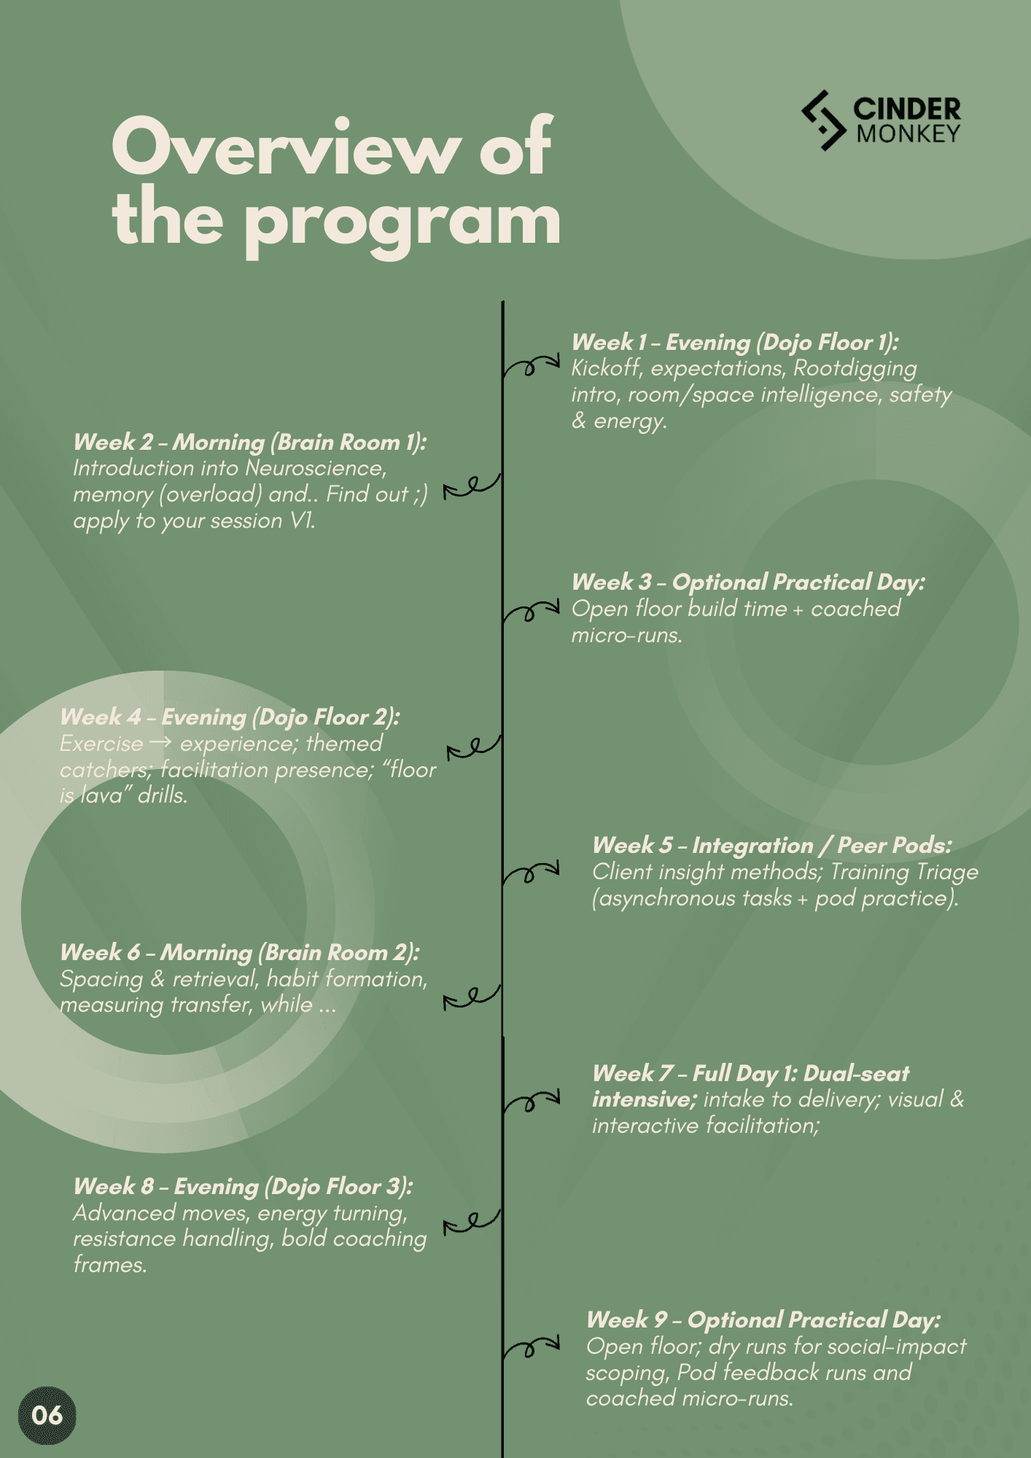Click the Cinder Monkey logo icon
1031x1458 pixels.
click(x=824, y=120)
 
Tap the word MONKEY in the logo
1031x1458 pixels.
click(x=909, y=134)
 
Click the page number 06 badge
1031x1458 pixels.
click(x=47, y=1415)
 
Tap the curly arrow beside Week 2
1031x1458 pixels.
click(x=472, y=486)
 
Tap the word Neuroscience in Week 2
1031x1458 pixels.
click(x=315, y=468)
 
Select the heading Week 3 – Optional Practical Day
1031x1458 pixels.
click(x=748, y=582)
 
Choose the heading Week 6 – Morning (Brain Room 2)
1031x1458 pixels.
click(x=239, y=952)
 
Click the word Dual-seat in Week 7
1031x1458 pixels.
click(x=856, y=1073)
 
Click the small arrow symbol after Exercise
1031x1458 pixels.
click(x=161, y=743)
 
